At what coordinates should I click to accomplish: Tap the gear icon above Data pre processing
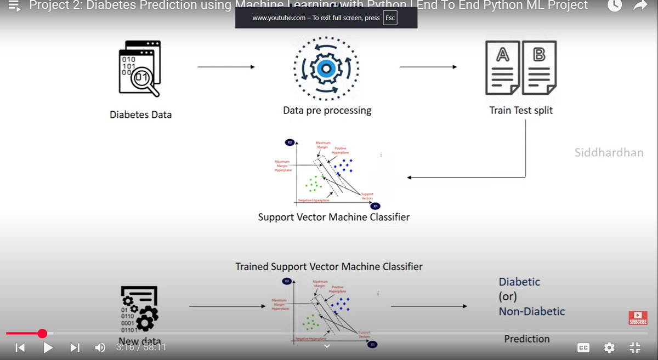pyautogui.click(x=326, y=68)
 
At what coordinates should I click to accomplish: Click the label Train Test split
pyautogui.click(x=521, y=111)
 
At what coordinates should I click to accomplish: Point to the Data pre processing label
pyautogui.click(x=327, y=111)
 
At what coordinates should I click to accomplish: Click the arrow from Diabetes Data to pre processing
pyautogui.click(x=226, y=67)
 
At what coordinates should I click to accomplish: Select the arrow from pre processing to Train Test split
pyautogui.click(x=428, y=67)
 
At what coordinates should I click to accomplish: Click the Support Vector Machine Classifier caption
pyautogui.click(x=333, y=217)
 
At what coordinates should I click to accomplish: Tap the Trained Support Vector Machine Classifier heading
pyautogui.click(x=329, y=267)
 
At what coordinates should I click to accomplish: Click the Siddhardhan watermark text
pyautogui.click(x=609, y=153)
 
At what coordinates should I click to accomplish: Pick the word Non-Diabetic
pyautogui.click(x=531, y=311)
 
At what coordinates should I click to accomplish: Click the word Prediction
pyautogui.click(x=526, y=339)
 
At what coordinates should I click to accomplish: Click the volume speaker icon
pyautogui.click(x=100, y=347)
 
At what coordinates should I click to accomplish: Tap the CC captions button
pyautogui.click(x=583, y=347)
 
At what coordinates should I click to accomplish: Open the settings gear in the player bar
pyautogui.click(x=609, y=347)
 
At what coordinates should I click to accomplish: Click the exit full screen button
pyautogui.click(x=634, y=347)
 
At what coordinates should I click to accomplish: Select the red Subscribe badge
pyautogui.click(x=638, y=318)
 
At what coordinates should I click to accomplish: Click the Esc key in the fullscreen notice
pyautogui.click(x=390, y=18)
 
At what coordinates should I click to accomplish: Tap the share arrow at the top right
pyautogui.click(x=640, y=6)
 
